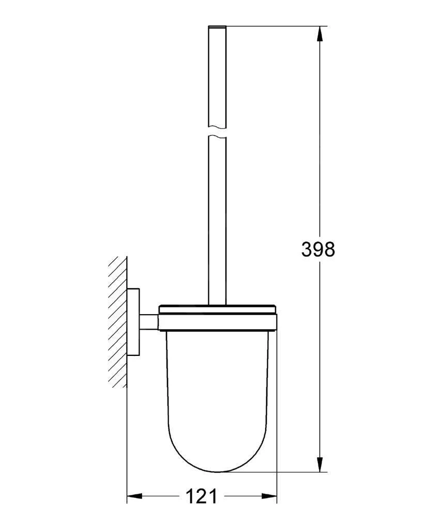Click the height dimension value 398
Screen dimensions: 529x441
318,250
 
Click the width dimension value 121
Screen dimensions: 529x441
201,496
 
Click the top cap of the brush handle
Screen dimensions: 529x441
218,27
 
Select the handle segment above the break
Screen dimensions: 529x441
218,77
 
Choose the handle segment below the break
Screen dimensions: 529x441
218,217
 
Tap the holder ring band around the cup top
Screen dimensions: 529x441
218,322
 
